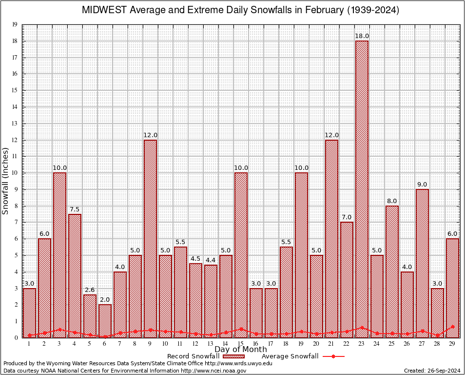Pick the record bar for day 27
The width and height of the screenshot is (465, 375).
423,263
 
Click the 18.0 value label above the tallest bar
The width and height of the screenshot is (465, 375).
362,36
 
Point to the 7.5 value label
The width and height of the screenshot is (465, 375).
75,209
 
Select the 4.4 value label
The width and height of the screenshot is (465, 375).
211,260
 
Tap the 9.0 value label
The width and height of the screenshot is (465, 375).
423,185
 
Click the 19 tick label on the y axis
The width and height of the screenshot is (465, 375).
15,24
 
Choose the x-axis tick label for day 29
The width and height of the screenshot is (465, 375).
453,344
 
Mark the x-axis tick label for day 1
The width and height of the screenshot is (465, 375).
29,344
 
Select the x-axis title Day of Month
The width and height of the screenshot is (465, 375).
240,350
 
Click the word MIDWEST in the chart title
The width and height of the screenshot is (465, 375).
104,10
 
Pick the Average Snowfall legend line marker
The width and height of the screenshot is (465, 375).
333,356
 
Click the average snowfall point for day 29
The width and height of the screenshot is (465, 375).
453,326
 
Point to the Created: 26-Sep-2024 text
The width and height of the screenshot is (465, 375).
432,371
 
